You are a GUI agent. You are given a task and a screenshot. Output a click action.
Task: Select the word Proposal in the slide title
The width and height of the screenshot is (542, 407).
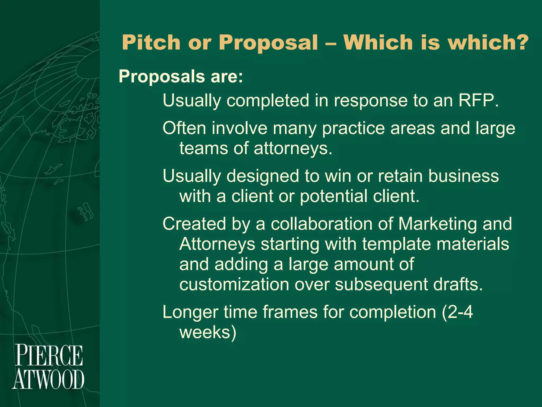[268, 43]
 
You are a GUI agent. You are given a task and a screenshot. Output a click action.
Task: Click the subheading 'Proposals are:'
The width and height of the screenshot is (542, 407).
[181, 77]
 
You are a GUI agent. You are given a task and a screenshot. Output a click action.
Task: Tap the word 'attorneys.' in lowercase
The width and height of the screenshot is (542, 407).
[293, 148]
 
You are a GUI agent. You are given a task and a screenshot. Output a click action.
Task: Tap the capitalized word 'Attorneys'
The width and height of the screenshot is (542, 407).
[217, 244]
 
